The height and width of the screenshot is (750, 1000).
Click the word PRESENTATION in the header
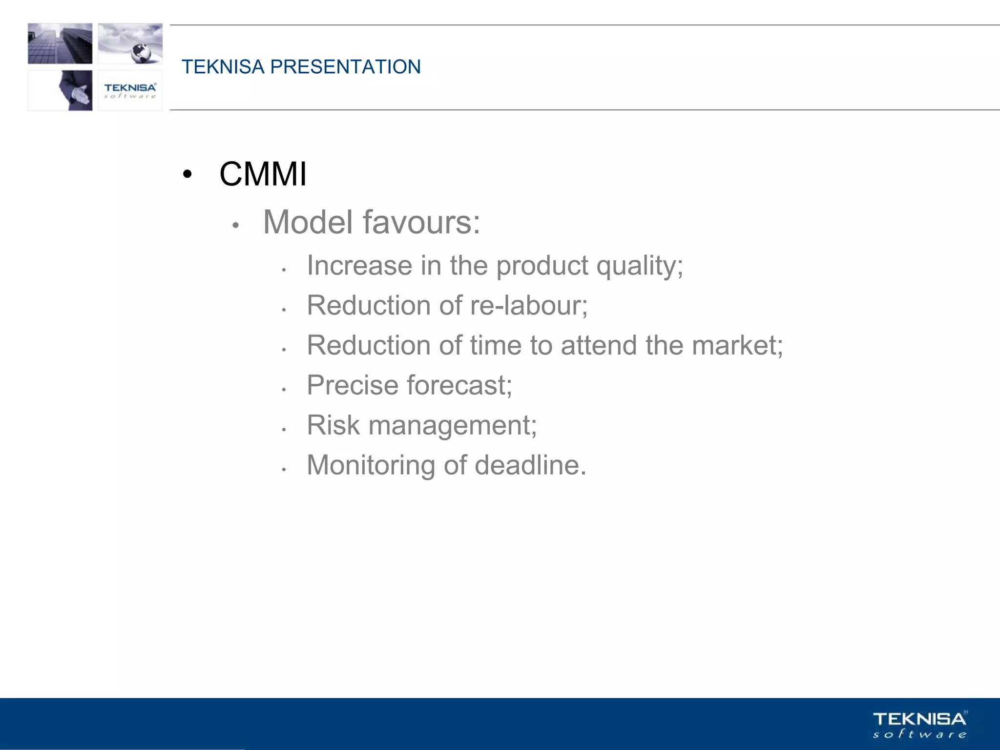[x=345, y=67]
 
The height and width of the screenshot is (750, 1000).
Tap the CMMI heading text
[x=263, y=174]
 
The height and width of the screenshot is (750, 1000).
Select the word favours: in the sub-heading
[x=421, y=222]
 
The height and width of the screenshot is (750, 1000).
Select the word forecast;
[x=459, y=385]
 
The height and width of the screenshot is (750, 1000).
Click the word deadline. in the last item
[x=530, y=465]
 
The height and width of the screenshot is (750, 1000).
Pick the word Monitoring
[x=371, y=465]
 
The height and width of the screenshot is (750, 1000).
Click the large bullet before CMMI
[x=187, y=174]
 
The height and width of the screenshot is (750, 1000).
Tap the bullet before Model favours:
[x=235, y=225]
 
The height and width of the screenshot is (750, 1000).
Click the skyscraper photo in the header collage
[x=60, y=43]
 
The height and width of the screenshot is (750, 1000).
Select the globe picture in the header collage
[x=130, y=43]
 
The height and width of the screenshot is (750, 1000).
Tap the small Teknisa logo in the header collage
[x=130, y=90]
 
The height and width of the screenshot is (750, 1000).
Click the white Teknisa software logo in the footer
[x=919, y=725]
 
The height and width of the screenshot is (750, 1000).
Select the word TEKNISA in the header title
[x=223, y=67]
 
